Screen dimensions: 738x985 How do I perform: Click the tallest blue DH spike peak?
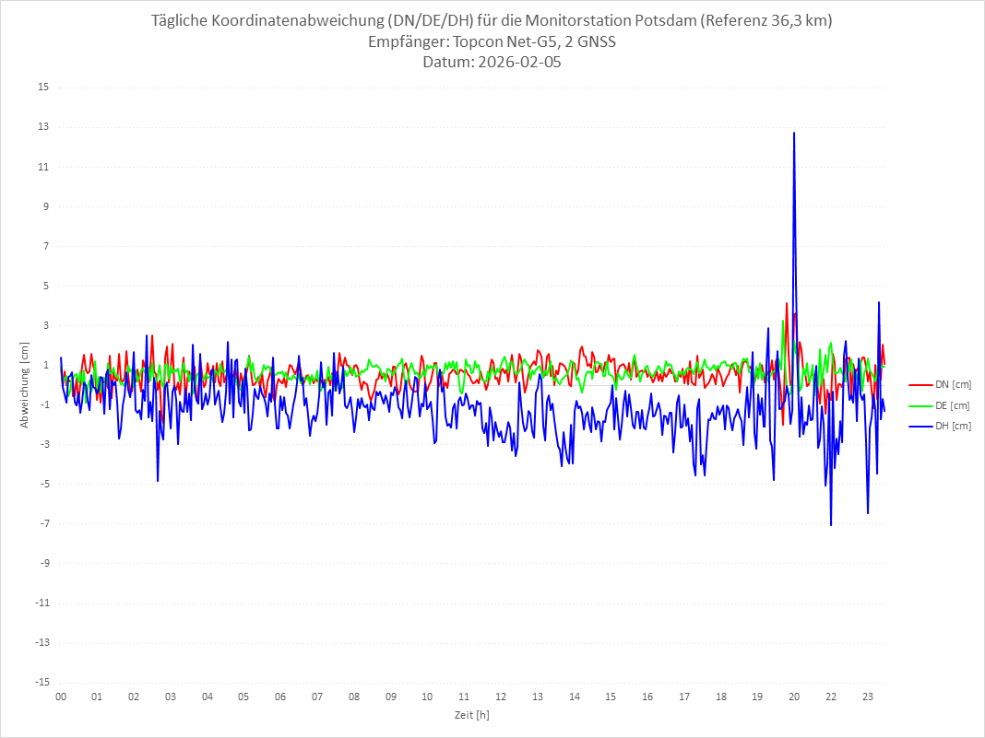[x=793, y=133]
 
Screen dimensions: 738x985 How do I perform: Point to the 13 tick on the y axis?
[x=42, y=127]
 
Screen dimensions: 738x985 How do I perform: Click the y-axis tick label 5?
[x=45, y=286]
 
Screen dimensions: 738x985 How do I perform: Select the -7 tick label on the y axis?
[x=43, y=523]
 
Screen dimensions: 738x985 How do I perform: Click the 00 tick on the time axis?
[x=61, y=697]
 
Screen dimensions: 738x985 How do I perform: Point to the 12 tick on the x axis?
[x=500, y=697]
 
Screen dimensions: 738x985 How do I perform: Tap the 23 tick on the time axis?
[x=867, y=697]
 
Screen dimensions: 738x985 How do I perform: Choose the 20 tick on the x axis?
[x=793, y=697]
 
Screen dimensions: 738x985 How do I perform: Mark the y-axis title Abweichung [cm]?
[x=25, y=384]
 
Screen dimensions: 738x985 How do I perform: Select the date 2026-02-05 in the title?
[x=516, y=63]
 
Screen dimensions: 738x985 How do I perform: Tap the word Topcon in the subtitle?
[x=480, y=42]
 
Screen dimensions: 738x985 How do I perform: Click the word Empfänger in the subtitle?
[x=406, y=42]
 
